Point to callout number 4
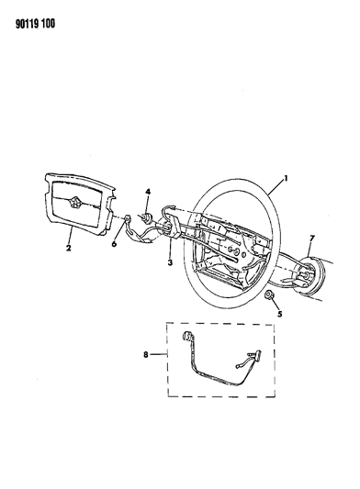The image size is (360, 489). click(x=146, y=189)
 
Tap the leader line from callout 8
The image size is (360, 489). click(x=161, y=352)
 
